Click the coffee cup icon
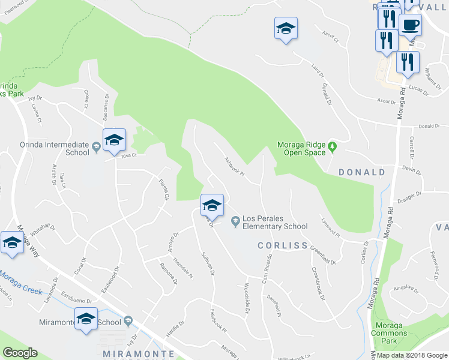tap(410, 25)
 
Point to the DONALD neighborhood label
tap(362, 172)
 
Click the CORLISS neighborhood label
tap(282, 245)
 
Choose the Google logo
tap(20, 353)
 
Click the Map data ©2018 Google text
tap(412, 355)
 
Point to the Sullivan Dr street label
tap(208, 263)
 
